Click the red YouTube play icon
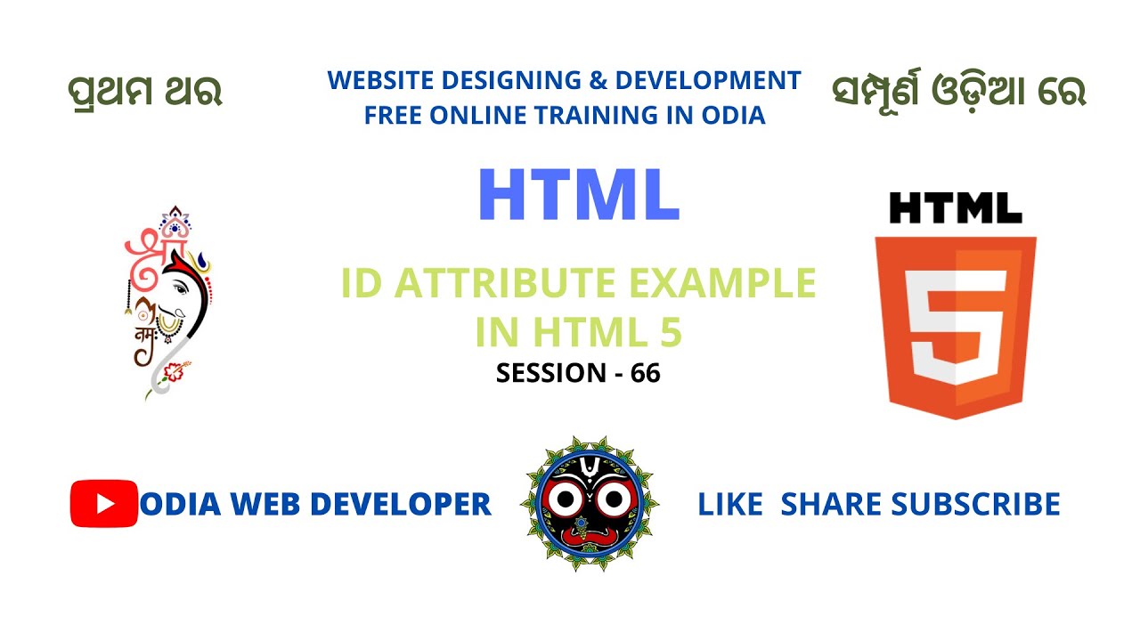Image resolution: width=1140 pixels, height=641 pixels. (104, 504)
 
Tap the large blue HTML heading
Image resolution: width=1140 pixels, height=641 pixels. (579, 196)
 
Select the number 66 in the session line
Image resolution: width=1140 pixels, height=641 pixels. (646, 374)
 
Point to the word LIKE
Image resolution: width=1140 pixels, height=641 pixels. (730, 505)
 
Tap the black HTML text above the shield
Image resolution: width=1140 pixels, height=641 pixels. (956, 208)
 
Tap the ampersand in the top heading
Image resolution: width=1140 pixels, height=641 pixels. (596, 81)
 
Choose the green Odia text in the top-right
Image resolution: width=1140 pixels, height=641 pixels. (958, 92)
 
